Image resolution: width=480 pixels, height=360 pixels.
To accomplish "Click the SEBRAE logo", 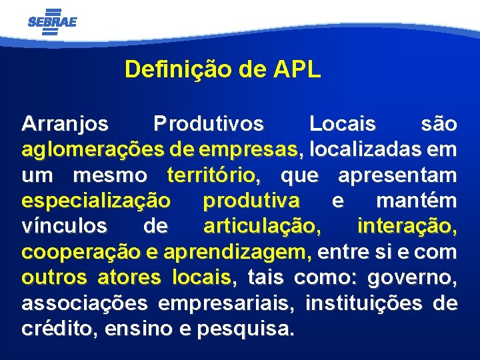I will click(x=52, y=21).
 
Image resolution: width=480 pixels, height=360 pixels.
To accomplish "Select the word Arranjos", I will click(x=65, y=124).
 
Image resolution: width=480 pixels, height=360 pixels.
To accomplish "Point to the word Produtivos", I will click(x=208, y=124).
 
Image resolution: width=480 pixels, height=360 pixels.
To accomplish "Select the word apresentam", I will click(x=397, y=175).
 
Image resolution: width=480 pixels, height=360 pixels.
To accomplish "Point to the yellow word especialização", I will click(x=96, y=201).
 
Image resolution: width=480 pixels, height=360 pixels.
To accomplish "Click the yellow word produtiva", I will click(x=251, y=201).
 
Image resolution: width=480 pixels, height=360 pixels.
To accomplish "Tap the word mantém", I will click(x=417, y=201).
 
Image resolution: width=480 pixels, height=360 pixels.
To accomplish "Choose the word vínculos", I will click(x=64, y=227).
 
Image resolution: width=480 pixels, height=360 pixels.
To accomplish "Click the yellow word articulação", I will click(x=261, y=227).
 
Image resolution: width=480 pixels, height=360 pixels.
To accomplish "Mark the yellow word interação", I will click(x=407, y=227).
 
